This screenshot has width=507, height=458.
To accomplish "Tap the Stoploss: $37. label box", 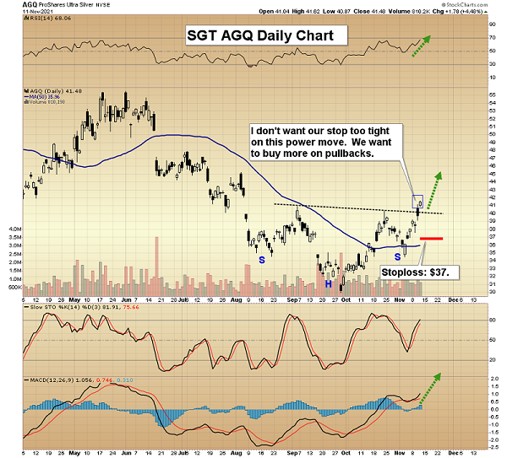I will pos(419,272).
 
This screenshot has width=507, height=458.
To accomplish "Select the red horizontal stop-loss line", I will pos(432,239).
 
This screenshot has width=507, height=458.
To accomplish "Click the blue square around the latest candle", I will pos(417,202).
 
